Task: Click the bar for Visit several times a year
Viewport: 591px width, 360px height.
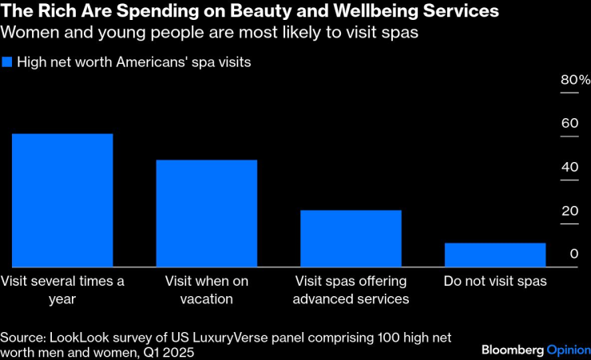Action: coord(62,200)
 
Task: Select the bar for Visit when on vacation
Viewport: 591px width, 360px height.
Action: coord(206,213)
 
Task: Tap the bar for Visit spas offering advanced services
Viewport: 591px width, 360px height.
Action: coord(351,239)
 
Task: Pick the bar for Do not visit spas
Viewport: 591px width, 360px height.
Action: coord(495,255)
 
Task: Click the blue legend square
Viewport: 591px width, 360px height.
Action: coord(7,62)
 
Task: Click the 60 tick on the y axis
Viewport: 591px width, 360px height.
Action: coord(569,124)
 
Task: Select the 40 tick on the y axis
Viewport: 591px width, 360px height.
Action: coord(569,168)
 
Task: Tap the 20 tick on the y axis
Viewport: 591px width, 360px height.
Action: coord(569,211)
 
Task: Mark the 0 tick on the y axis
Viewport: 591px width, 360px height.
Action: coord(573,254)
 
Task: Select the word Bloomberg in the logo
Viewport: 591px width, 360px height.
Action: coord(513,350)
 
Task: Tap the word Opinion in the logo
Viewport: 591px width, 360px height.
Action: coord(568,350)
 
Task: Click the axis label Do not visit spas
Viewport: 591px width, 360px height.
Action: coord(495,282)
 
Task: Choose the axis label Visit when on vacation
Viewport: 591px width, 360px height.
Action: coord(206,291)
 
